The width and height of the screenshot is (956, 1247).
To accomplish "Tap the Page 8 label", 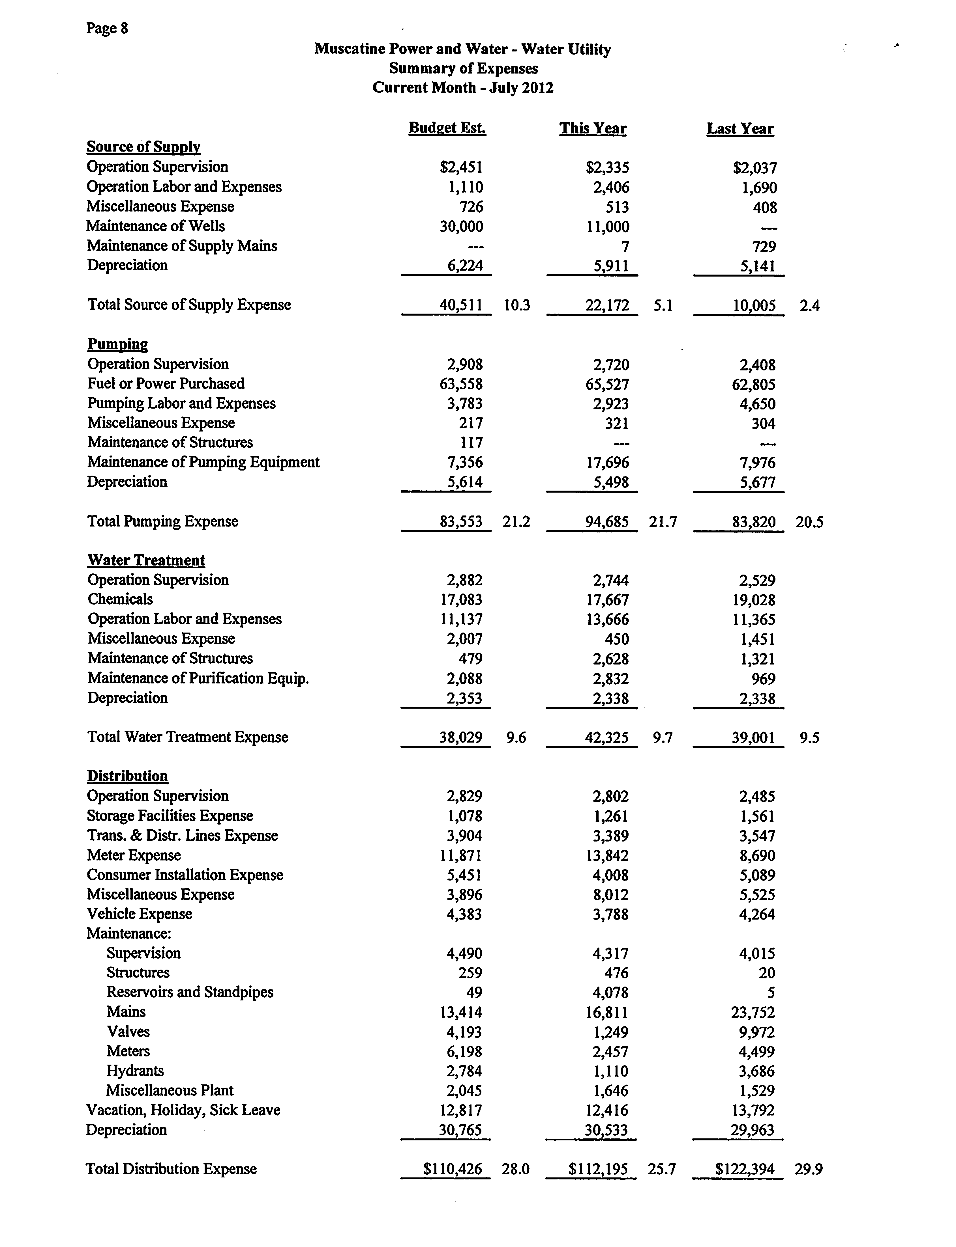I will (x=107, y=28).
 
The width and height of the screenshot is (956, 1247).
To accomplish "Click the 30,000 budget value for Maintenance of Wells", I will (x=462, y=227).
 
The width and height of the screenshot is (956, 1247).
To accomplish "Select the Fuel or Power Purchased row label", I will (x=166, y=384).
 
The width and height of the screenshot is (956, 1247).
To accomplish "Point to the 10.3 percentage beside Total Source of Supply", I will (x=517, y=305).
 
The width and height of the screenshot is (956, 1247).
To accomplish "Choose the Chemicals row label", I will (x=120, y=599).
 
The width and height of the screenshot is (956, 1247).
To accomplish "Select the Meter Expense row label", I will (x=134, y=855).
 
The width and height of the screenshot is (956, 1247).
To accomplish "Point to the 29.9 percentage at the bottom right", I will (x=809, y=1169).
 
